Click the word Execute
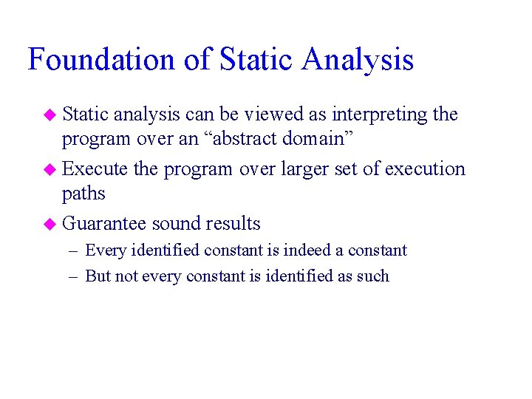(95, 169)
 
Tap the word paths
(83, 194)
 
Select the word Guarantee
(104, 223)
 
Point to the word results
(233, 223)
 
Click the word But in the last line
(97, 276)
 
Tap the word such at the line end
(374, 276)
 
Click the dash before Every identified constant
(74, 251)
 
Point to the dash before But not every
(74, 277)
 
